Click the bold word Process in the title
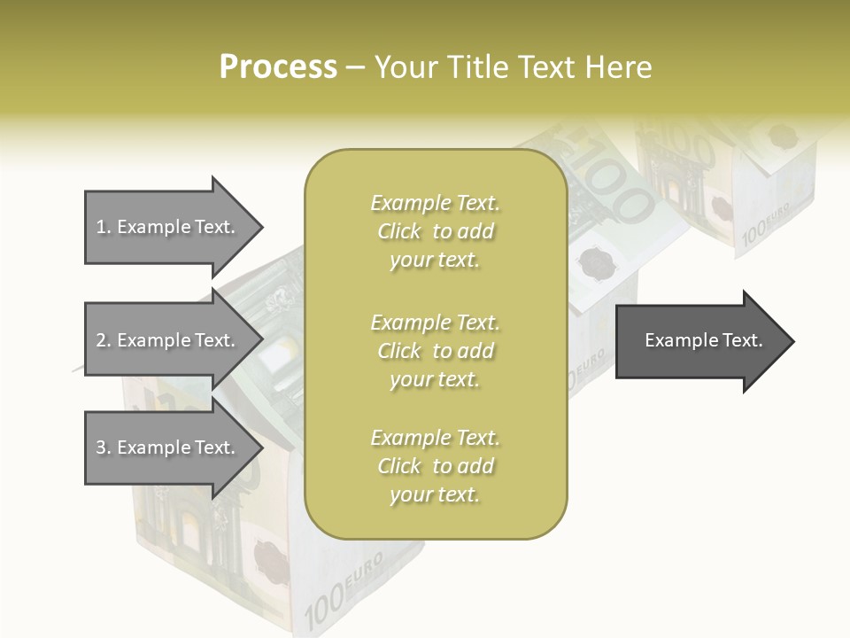(x=278, y=66)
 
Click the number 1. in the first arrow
(x=104, y=227)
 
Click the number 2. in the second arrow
(x=104, y=340)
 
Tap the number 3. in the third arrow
(x=104, y=447)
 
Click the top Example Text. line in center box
(x=435, y=203)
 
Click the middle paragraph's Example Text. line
(x=435, y=322)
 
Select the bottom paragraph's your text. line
(x=435, y=494)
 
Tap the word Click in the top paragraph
(x=399, y=231)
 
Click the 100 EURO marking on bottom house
(x=343, y=587)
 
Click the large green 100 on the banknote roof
(x=620, y=195)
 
